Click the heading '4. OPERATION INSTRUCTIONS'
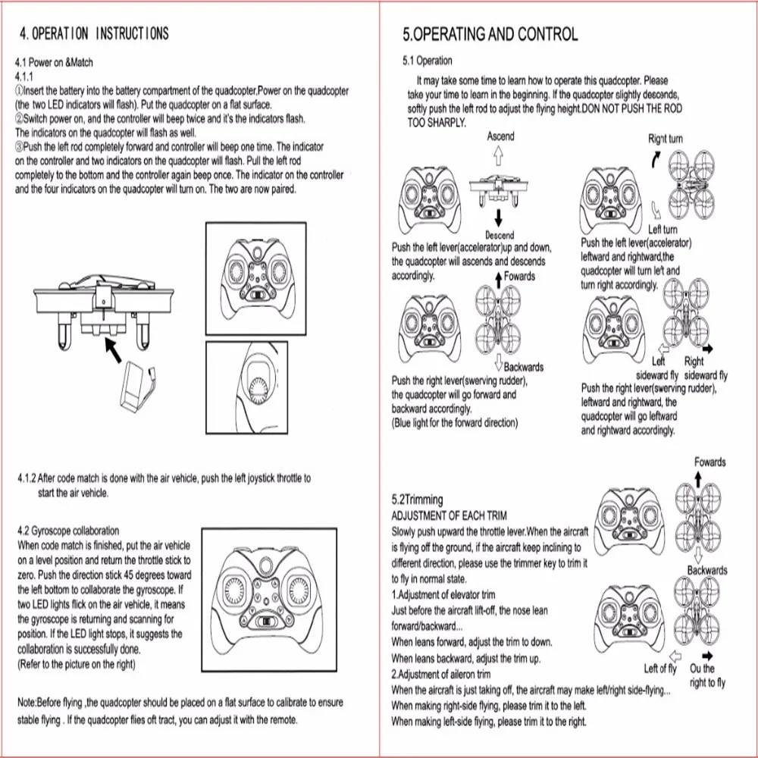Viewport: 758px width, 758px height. click(94, 33)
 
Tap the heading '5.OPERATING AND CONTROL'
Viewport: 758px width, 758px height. click(490, 34)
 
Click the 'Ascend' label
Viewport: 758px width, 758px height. click(500, 136)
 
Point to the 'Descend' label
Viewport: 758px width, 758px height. click(500, 235)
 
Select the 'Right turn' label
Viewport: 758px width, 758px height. click(665, 139)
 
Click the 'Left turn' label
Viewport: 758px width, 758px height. click(662, 230)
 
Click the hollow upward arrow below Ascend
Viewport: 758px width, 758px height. click(499, 155)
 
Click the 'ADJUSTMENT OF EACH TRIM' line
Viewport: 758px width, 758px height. click(449, 515)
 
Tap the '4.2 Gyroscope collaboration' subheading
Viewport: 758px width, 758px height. click(67, 531)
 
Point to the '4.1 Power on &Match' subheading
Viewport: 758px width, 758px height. click(55, 62)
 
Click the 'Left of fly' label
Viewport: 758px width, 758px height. click(659, 669)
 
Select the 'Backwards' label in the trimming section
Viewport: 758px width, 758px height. click(706, 570)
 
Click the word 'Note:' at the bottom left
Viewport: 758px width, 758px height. click(29, 703)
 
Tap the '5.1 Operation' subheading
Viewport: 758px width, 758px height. click(427, 61)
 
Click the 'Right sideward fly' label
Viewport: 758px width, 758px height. click(704, 369)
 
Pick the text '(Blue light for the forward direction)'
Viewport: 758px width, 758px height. click(454, 422)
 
